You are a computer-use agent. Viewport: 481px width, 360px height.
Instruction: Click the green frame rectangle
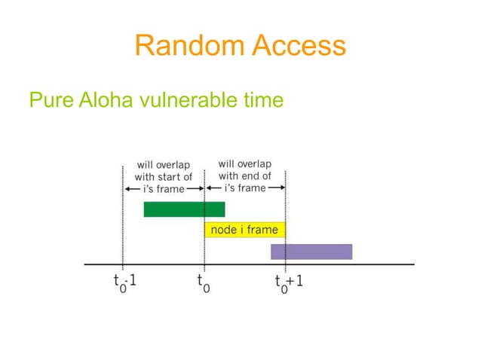click(184, 209)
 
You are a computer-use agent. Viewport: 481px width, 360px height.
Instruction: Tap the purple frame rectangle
click(311, 252)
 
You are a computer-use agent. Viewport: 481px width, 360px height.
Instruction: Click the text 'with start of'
click(163, 176)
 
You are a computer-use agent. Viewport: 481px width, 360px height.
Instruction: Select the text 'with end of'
click(245, 175)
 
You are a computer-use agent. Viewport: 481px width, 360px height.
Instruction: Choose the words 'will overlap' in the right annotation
click(245, 163)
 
